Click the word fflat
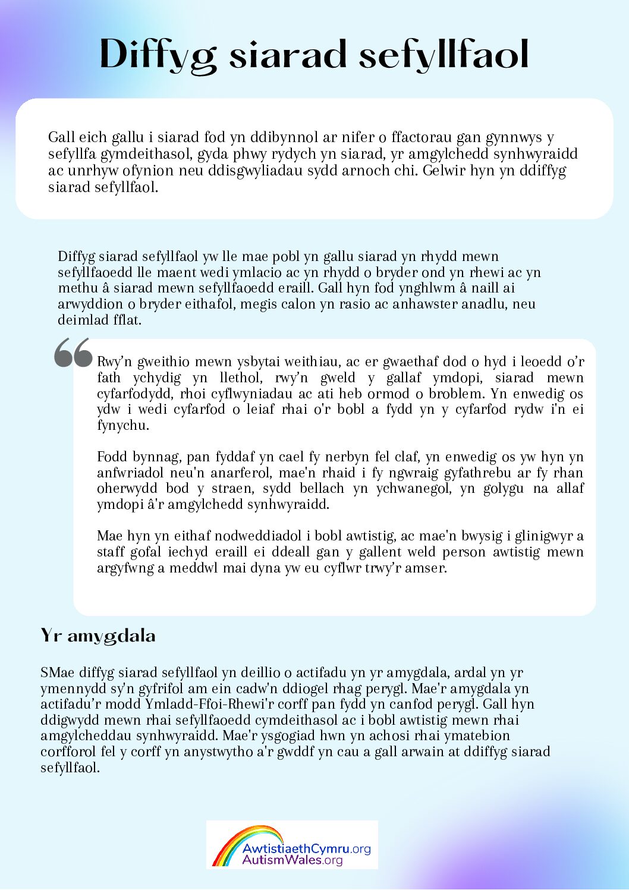[127, 320]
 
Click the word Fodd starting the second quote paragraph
[112, 457]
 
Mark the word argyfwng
[124, 568]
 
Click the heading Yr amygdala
[98, 636]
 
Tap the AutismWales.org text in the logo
[293, 860]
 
